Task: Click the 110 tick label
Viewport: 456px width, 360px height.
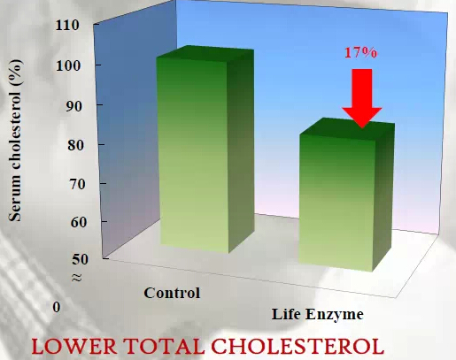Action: pos(67,25)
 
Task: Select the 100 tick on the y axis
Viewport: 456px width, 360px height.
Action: pos(68,65)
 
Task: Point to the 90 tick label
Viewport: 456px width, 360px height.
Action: pos(73,106)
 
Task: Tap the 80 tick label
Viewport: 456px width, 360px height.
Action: pos(75,145)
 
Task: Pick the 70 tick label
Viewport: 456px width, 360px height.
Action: pos(77,184)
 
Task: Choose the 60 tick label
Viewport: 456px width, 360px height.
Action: pos(79,222)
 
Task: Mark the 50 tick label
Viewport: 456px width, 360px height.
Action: pos(80,259)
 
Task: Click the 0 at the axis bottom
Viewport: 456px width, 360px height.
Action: pos(57,307)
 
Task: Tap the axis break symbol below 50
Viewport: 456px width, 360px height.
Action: pos(77,277)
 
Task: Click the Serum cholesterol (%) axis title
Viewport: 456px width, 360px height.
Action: pos(15,140)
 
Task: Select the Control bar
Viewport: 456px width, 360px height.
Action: pos(205,149)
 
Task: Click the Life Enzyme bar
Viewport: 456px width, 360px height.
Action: pos(347,195)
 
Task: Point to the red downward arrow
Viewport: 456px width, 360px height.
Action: pos(362,98)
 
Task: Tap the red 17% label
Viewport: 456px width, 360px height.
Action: pos(360,52)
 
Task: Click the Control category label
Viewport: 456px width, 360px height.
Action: pos(172,293)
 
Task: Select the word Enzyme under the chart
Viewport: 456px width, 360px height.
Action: pos(335,315)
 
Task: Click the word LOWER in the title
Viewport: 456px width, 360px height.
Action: pos(74,346)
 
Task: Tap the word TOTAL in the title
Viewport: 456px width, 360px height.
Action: pos(164,346)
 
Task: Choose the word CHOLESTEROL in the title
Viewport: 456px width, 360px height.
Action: pos(298,346)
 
